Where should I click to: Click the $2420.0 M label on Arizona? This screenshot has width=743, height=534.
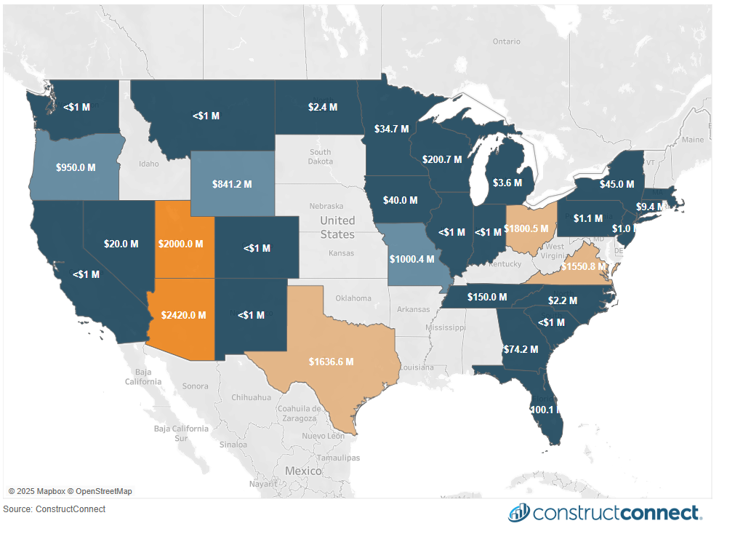[x=181, y=315]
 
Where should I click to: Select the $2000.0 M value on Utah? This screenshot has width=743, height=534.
[x=180, y=244]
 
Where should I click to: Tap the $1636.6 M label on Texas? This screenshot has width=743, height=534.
[x=331, y=362]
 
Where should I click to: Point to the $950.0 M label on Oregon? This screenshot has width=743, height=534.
[x=76, y=167]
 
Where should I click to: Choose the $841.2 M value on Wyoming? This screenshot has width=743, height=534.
[x=232, y=184]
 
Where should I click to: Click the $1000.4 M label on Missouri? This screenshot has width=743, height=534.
[x=411, y=259]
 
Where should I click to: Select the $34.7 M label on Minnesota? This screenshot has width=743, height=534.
[x=391, y=129]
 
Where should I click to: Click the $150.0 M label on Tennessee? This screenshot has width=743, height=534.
[x=487, y=297]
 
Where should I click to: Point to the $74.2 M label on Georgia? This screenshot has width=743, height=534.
[x=521, y=349]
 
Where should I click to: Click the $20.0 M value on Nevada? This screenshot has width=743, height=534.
[x=121, y=244]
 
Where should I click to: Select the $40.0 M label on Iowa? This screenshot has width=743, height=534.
[x=401, y=200]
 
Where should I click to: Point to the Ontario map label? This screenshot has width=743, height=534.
[x=506, y=41]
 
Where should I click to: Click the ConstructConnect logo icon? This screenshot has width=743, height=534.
[x=518, y=512]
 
